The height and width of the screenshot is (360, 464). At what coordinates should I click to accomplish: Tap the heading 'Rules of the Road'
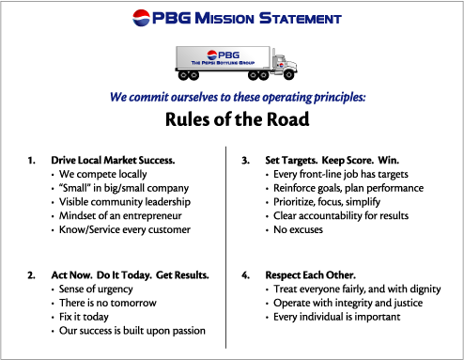(x=231, y=118)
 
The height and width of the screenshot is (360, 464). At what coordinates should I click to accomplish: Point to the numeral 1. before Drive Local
(x=32, y=160)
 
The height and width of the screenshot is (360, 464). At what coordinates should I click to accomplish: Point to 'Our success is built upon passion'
(x=131, y=330)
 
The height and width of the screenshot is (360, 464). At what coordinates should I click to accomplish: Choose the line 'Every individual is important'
(x=336, y=317)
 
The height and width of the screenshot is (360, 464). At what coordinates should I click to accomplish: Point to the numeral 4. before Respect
(x=245, y=275)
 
